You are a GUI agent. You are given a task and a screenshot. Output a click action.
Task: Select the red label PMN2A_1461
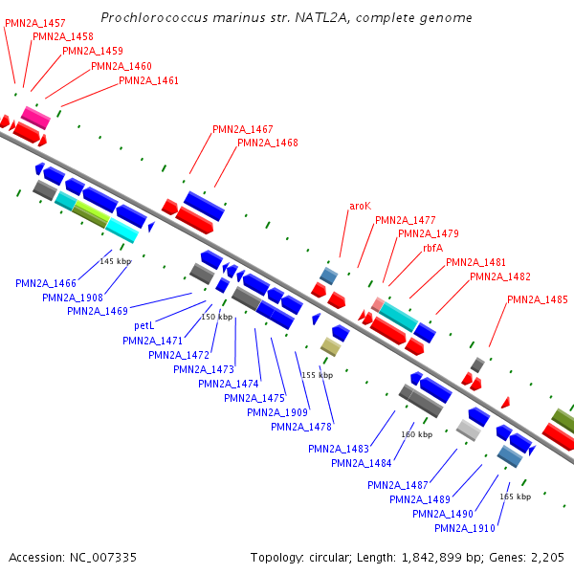[x=148, y=80]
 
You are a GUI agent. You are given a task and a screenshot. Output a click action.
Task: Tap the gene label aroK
[x=360, y=206]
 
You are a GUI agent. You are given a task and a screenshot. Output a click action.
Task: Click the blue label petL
[x=144, y=325]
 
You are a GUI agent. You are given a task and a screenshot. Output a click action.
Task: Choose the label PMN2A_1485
[x=537, y=299]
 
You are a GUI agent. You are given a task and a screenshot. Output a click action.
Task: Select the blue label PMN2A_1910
[x=464, y=528]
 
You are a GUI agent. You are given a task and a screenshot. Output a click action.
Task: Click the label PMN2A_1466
[x=46, y=283]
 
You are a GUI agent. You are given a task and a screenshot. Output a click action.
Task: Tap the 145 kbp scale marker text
[x=115, y=261]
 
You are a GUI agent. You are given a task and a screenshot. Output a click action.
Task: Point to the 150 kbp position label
[x=216, y=317]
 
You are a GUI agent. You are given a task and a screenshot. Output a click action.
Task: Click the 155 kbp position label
[x=317, y=375]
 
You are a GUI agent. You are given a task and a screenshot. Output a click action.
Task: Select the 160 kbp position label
[x=417, y=434]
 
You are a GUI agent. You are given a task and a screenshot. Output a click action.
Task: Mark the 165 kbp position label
[x=515, y=497]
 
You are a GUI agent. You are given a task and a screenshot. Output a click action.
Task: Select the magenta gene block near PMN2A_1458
[x=35, y=117]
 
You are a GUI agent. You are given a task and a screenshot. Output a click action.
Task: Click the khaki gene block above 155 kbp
[x=330, y=346]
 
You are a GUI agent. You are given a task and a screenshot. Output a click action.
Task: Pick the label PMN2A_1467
[x=242, y=129]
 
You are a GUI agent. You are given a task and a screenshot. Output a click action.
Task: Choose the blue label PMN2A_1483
[x=338, y=449]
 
